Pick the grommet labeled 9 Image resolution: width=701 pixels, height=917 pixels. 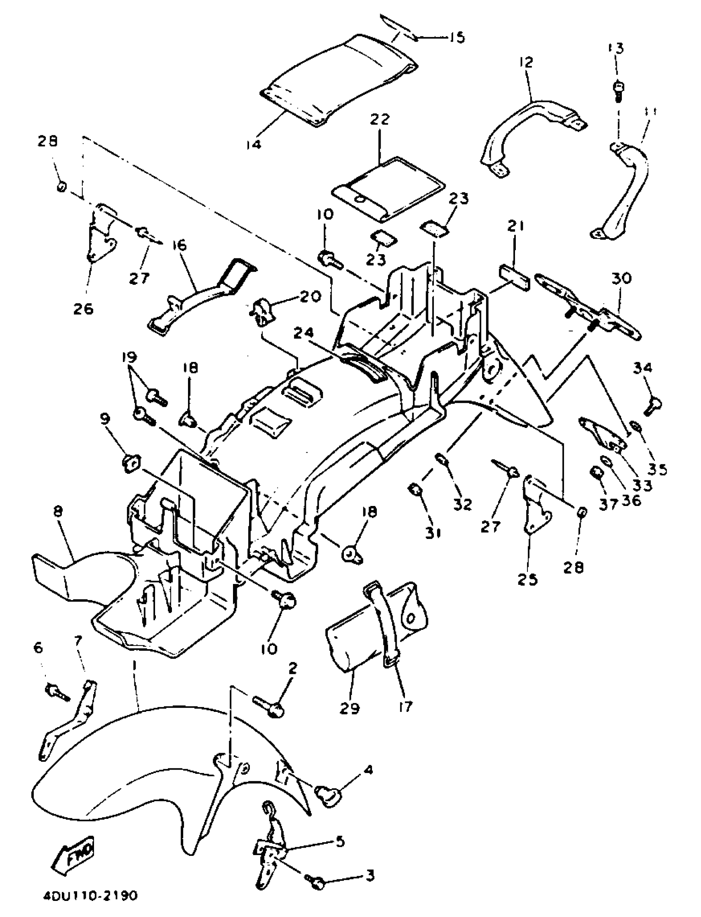point(131,463)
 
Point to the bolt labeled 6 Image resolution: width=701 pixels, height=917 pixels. point(56,690)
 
